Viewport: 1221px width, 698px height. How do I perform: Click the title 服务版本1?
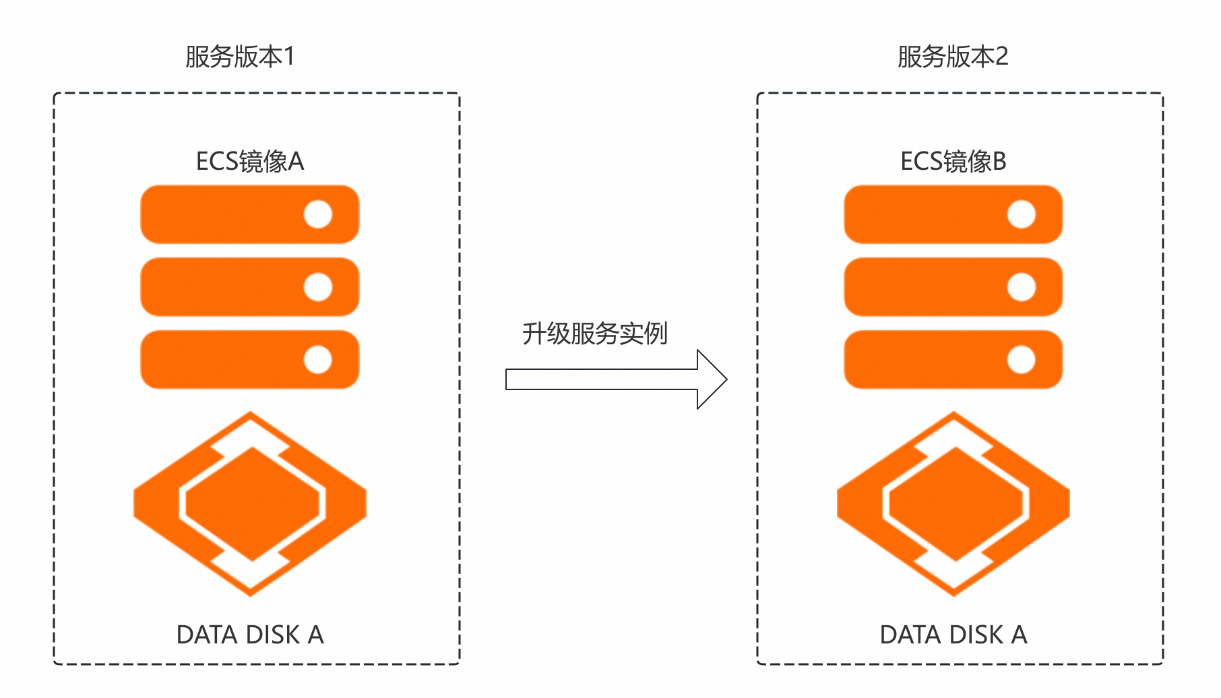[x=240, y=57]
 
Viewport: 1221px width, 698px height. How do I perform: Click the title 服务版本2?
[x=953, y=57]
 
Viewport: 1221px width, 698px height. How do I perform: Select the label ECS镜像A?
[x=250, y=162]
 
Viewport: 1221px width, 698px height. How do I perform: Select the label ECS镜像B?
[x=953, y=162]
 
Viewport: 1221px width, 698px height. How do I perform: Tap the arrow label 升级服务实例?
[x=595, y=334]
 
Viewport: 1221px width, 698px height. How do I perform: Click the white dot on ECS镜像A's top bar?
[x=318, y=215]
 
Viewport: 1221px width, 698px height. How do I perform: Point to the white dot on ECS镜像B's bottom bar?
[x=1022, y=360]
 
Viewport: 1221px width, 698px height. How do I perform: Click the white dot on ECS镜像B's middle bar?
[x=1022, y=288]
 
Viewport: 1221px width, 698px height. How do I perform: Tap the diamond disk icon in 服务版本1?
[x=251, y=504]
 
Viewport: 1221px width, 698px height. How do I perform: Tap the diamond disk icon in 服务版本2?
[x=953, y=504]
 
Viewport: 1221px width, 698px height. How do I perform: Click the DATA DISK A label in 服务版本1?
[x=250, y=635]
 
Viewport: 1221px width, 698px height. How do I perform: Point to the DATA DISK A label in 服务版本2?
[x=953, y=635]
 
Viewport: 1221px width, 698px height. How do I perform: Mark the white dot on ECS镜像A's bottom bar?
[x=318, y=360]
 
